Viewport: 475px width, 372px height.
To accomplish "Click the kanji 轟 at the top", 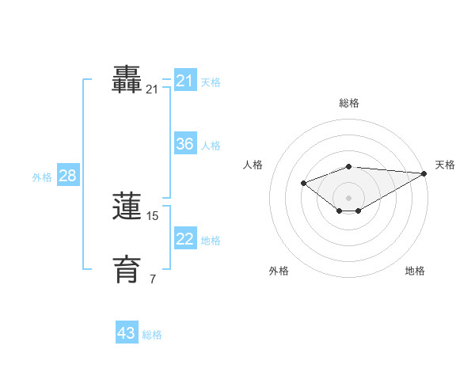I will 127,81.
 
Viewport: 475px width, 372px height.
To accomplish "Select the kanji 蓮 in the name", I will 127,207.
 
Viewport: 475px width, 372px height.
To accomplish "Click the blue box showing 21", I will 185,81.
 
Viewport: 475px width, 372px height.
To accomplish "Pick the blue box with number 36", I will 185,144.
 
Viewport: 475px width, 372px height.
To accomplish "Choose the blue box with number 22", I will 185,239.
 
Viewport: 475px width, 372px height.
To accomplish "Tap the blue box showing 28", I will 67,176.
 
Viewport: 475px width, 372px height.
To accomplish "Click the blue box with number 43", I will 127,333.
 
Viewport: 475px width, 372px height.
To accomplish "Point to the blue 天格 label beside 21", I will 211,82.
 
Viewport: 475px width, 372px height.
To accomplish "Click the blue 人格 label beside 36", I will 211,146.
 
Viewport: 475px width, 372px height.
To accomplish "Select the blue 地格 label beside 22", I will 211,241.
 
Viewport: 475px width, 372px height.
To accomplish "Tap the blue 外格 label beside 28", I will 42,177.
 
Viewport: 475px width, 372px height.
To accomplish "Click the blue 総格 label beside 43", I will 152,335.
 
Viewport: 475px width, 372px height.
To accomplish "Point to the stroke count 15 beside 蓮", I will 153,215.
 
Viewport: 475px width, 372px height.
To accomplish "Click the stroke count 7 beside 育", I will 153,279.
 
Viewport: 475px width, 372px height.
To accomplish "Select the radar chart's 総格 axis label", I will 349,103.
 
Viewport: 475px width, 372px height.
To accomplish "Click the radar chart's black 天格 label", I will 445,165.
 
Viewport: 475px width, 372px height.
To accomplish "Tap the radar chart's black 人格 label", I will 253,165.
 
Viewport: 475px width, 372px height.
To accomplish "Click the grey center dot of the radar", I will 349,197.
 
